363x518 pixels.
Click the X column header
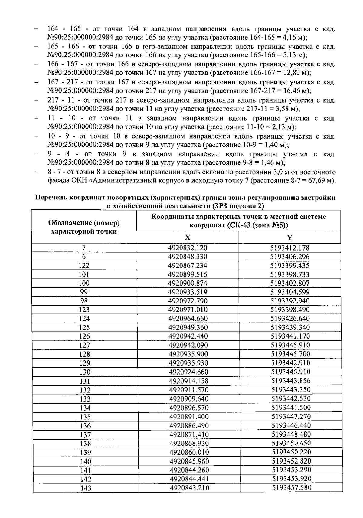pyautogui.click(x=188, y=237)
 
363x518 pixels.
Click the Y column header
pyautogui.click(x=289, y=237)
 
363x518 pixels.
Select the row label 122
pyautogui.click(x=84, y=265)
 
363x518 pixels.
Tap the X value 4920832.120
pyautogui.click(x=188, y=248)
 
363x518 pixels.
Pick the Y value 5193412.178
pyautogui.click(x=290, y=248)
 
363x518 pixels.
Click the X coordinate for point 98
pyautogui.click(x=188, y=301)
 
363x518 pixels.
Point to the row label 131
pyautogui.click(x=85, y=381)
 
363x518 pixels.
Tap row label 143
pyautogui.click(x=86, y=488)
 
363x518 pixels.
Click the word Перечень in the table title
pyautogui.click(x=51, y=198)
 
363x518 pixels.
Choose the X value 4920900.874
pyautogui.click(x=188, y=283)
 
